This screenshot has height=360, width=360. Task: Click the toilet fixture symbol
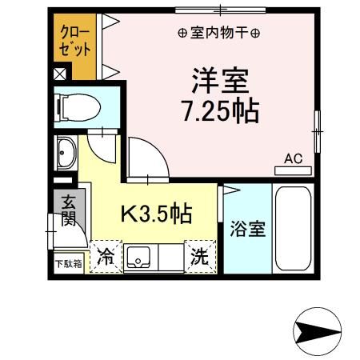78,108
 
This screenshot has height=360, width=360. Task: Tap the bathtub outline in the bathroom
293,229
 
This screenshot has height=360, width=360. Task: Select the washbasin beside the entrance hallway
66,153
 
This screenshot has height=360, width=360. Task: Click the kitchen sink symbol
138,258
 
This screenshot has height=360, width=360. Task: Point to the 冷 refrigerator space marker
106,257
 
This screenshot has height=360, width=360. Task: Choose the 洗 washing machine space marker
200,257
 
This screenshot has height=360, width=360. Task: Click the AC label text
294,158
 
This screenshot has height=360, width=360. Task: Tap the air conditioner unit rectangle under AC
293,170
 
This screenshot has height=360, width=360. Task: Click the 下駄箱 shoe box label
69,264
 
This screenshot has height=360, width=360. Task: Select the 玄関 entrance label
68,210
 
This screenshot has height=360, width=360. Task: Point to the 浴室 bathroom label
248,229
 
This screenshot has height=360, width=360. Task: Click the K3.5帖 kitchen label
157,214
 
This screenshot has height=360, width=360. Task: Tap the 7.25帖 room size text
220,111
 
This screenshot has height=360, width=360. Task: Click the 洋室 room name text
220,81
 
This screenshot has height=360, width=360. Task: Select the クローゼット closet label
74,41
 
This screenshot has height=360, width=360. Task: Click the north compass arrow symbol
317,331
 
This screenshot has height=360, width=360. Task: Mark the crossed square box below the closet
60,74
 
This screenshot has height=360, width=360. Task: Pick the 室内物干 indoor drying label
218,34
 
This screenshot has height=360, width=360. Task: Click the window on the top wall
221,10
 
